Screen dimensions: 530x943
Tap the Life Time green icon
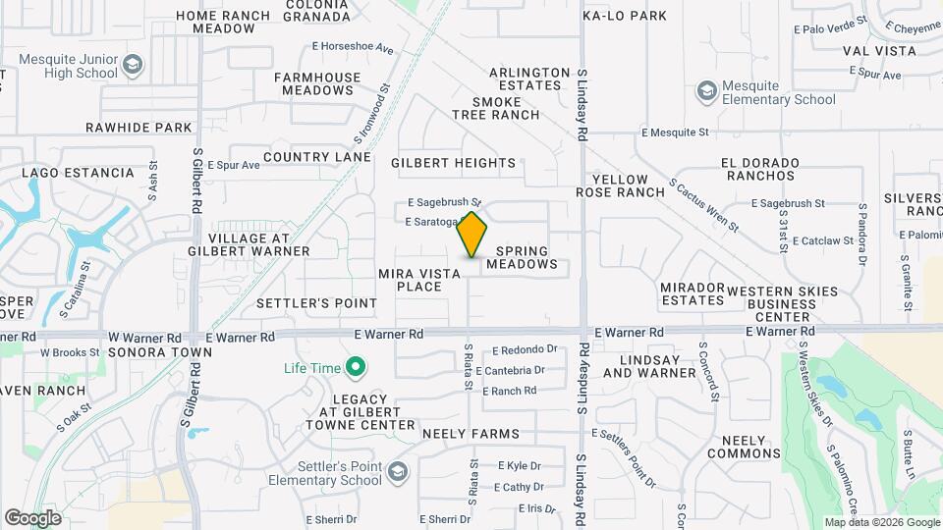coord(357,369)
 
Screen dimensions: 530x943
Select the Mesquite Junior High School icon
coord(134,65)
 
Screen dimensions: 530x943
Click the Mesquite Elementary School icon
coord(706,92)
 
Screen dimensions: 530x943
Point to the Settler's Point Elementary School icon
coord(397,473)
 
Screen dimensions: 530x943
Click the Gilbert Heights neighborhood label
coord(453,163)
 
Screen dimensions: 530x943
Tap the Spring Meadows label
coord(522,258)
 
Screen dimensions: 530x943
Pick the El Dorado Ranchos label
coord(757,169)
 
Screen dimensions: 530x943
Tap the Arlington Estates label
coord(529,79)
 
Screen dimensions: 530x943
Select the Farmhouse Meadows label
coord(313,83)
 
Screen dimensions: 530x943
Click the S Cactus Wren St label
coord(703,204)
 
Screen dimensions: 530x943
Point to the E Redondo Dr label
coord(525,349)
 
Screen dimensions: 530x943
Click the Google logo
coord(32,517)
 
